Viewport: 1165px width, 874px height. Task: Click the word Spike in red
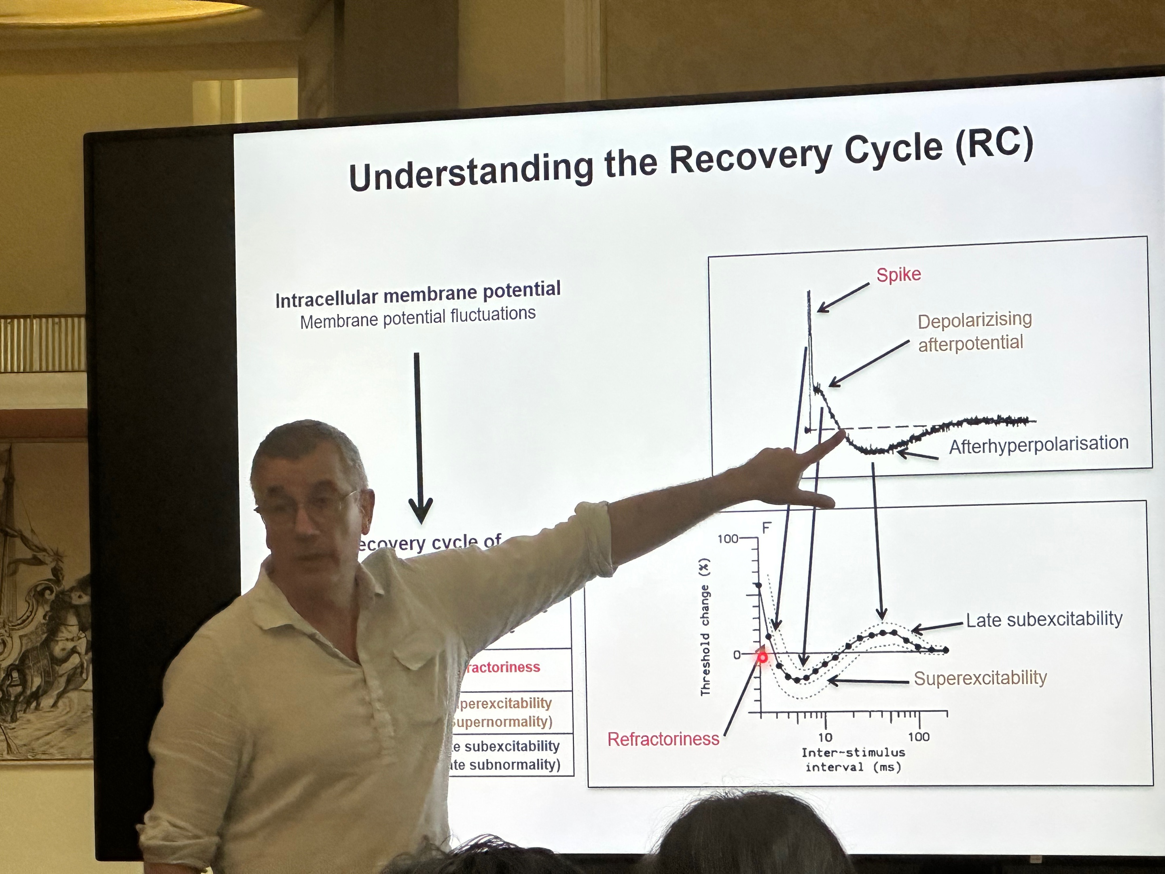click(x=898, y=274)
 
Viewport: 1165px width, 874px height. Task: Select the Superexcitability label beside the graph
click(x=980, y=678)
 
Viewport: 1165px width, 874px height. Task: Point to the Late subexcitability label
click(x=1044, y=619)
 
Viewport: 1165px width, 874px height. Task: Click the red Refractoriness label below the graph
click(x=663, y=739)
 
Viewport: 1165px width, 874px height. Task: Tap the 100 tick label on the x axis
click(x=919, y=736)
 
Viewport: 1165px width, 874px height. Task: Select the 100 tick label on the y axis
click(x=728, y=539)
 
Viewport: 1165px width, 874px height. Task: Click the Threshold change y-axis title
click(x=705, y=627)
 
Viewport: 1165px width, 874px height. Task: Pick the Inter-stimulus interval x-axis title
click(x=853, y=759)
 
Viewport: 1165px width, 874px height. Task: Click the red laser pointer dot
click(x=762, y=658)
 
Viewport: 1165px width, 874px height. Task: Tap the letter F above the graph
click(x=767, y=527)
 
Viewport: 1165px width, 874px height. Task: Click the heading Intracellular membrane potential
click(x=417, y=294)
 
